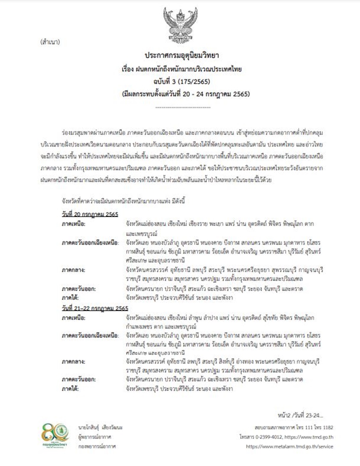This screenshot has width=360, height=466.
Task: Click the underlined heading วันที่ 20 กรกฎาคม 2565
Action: tap(90, 214)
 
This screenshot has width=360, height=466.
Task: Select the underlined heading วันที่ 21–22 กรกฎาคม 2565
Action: tap(95, 308)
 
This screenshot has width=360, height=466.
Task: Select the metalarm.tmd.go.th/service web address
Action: tap(289, 447)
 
